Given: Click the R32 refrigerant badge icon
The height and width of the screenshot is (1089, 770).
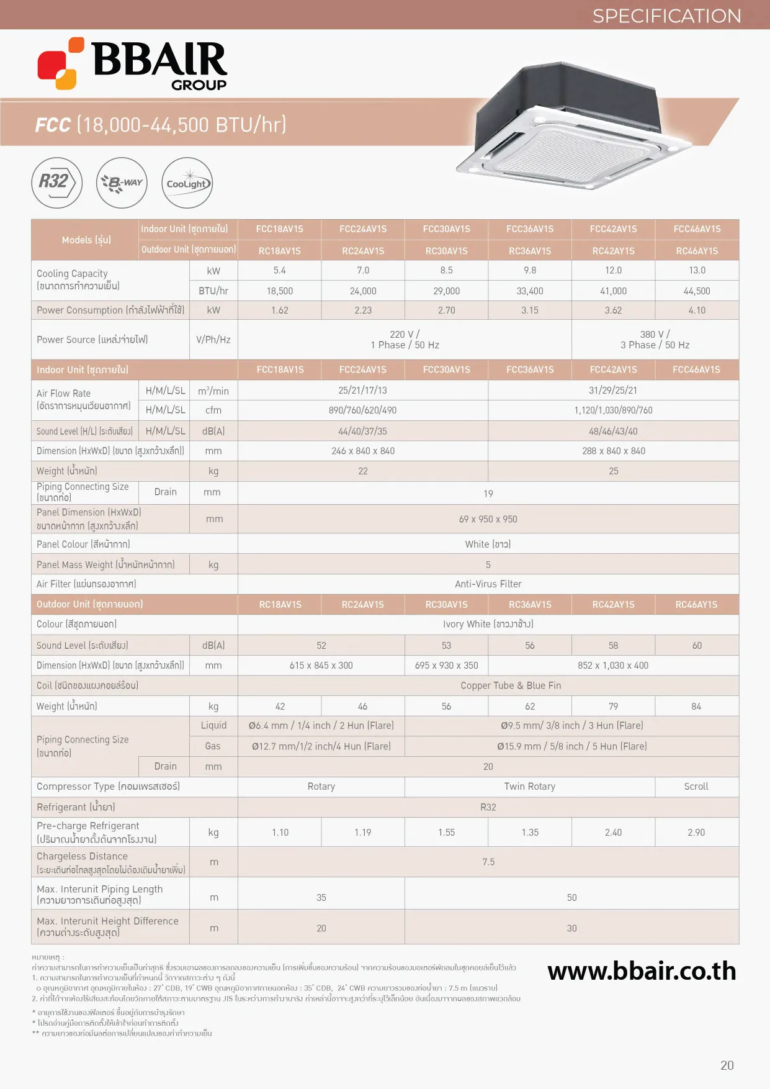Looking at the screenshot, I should point(56,183).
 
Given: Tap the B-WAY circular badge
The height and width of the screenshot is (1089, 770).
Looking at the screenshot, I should point(122,183).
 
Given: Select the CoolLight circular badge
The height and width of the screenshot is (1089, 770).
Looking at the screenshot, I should point(187,183).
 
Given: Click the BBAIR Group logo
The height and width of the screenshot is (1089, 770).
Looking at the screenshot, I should point(133,64).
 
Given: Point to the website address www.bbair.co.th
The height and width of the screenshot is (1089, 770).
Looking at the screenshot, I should point(642,971).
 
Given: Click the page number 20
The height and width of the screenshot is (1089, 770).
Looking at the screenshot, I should point(727,1065).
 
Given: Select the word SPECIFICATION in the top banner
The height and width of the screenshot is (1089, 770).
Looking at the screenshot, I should point(666,16).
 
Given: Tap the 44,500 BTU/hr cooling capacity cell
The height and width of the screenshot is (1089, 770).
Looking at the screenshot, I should point(697,291).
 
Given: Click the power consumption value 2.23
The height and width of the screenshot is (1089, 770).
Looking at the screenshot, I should point(363,310).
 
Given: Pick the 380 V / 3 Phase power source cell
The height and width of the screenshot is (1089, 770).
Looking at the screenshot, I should point(655,340).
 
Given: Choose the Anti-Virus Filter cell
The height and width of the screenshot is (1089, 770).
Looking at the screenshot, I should point(488,584).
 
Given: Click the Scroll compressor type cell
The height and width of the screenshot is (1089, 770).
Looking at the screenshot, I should point(696,787).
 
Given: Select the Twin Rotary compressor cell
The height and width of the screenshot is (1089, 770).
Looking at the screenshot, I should point(529,787).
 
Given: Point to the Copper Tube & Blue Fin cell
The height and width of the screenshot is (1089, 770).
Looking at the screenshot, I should point(511,685).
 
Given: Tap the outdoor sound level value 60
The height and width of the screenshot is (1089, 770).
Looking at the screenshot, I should point(697,646).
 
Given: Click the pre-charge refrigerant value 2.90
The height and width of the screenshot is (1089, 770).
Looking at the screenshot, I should point(696,833).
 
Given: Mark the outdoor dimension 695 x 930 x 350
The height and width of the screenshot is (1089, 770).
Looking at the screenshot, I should point(446,666).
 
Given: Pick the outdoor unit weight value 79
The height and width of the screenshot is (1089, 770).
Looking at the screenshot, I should point(613,707).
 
